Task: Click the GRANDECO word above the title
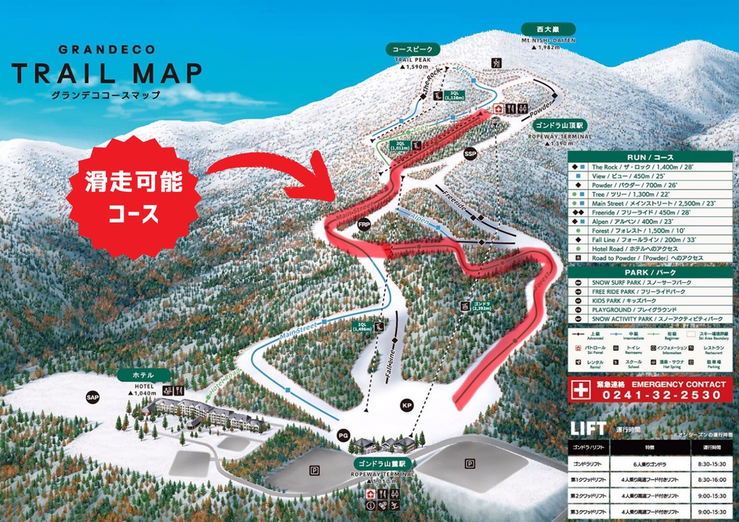click(x=107, y=50)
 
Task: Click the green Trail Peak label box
click(x=413, y=49)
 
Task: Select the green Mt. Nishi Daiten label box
click(x=547, y=29)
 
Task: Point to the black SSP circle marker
click(x=470, y=153)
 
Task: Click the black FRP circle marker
click(x=363, y=226)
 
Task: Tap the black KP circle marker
click(x=406, y=406)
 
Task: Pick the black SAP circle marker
click(x=93, y=398)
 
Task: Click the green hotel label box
click(x=142, y=374)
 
